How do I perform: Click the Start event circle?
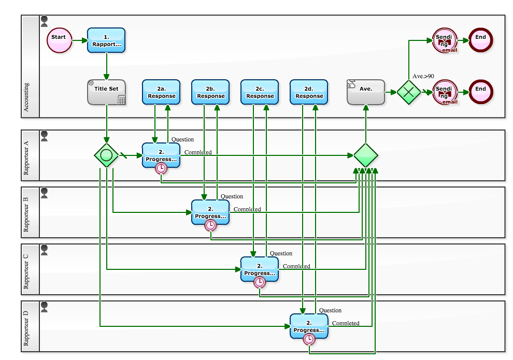tap(59, 40)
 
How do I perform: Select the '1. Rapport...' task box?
tap(106, 40)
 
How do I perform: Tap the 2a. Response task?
tap(161, 92)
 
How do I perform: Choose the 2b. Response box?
tap(210, 92)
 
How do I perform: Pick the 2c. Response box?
tap(260, 92)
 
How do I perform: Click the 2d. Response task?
tap(309, 92)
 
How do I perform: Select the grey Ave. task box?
tap(366, 92)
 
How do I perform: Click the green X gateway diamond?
tap(408, 92)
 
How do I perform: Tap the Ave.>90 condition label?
tap(423, 76)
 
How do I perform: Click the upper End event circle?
tap(480, 40)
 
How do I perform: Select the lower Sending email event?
tap(445, 92)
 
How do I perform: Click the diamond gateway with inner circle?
tap(107, 155)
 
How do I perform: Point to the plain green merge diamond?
tap(366, 155)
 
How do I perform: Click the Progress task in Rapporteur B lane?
tap(210, 212)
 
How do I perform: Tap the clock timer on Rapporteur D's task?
tap(309, 339)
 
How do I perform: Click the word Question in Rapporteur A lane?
tap(182, 139)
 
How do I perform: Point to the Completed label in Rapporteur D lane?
tap(346, 323)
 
